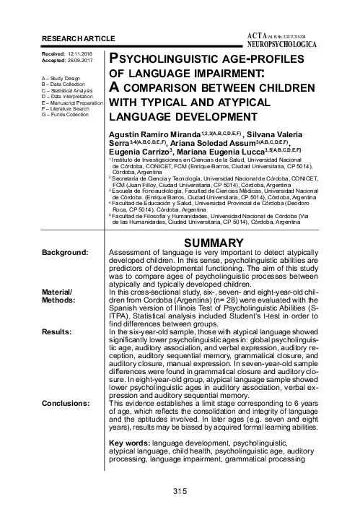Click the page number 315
click(180, 492)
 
